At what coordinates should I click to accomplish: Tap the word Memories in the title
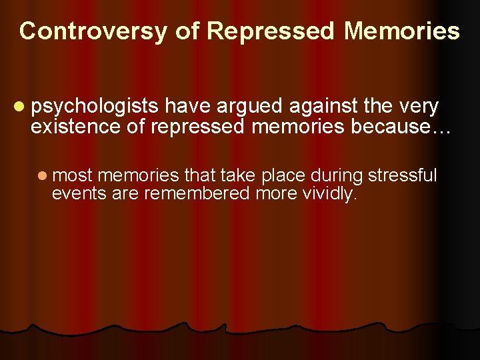[402, 31]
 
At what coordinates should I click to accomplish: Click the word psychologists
[95, 107]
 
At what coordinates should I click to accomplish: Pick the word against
[314, 107]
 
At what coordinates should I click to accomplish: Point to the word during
[339, 176]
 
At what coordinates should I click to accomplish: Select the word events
[74, 193]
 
